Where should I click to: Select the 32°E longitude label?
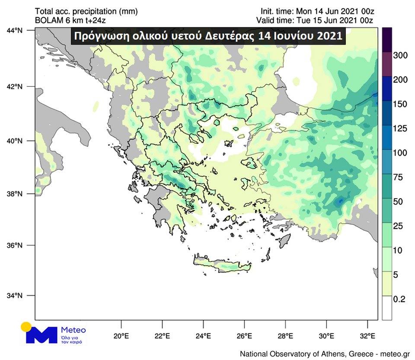368,335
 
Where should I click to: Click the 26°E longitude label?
245,335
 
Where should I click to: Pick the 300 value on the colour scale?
400,55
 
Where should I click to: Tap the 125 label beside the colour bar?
400,128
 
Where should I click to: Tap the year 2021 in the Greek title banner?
329,36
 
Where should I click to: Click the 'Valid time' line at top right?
315,20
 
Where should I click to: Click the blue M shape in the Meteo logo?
41,335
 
